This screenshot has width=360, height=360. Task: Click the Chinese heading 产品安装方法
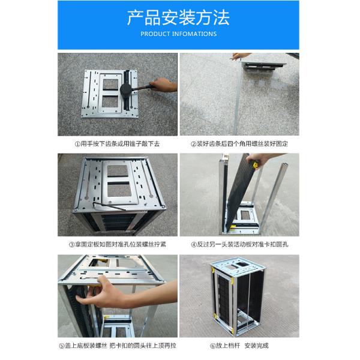178,17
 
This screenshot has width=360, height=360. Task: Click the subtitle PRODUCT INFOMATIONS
178,34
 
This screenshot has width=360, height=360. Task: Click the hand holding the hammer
163,85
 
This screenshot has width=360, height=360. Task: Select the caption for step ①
117,144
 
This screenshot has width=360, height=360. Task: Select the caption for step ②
239,144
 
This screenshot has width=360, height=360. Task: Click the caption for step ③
118,244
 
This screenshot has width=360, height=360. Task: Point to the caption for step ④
239,244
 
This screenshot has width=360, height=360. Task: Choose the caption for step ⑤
118,346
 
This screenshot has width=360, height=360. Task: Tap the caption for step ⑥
239,346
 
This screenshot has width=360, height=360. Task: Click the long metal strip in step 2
237,99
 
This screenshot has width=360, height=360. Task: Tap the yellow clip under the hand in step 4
255,164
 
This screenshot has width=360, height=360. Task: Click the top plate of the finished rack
238,266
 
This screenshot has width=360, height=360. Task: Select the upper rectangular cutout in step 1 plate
110,85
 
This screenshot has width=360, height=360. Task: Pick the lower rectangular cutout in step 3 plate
119,190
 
